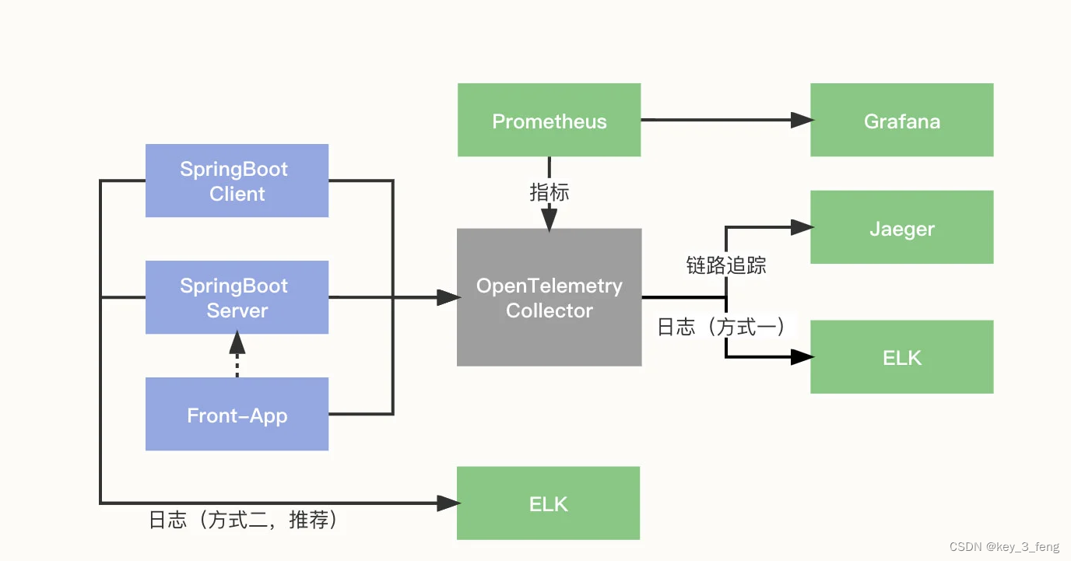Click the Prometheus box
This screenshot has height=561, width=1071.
pos(549,121)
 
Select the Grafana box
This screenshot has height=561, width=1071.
pos(901,121)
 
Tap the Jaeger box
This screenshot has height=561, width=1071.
pos(901,228)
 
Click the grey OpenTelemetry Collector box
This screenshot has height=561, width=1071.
pos(549,297)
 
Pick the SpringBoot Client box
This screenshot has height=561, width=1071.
pos(237,181)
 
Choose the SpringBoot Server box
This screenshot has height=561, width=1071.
pos(237,297)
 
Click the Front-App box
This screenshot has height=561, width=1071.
pos(237,414)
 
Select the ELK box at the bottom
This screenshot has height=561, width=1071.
pos(548,503)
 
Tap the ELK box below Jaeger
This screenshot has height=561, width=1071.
pos(901,357)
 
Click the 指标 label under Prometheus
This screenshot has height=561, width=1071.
pos(549,192)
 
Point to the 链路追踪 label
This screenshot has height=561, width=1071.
pos(725,265)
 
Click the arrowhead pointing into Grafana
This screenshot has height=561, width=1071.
pos(802,120)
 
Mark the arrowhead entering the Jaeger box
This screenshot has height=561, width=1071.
pos(802,227)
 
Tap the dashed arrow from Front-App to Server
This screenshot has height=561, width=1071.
pos(237,356)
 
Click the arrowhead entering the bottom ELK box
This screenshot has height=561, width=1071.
pos(448,503)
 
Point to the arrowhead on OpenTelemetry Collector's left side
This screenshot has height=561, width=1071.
pos(448,297)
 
